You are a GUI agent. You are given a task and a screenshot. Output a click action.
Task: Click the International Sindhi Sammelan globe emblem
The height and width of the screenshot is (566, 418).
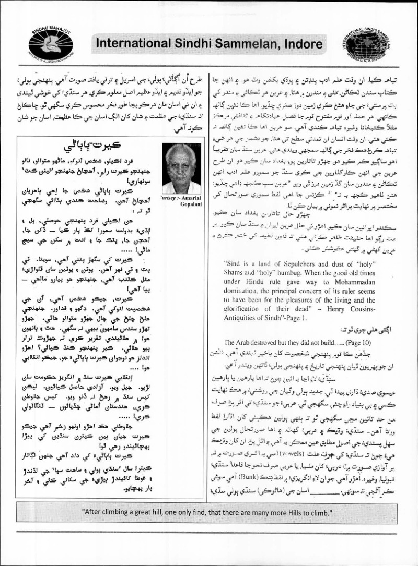[368, 42]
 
